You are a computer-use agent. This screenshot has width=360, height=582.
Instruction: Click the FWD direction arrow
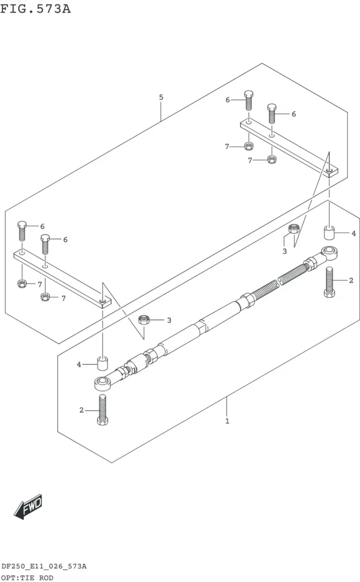click(x=28, y=506)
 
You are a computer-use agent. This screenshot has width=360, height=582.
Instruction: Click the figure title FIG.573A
click(x=35, y=9)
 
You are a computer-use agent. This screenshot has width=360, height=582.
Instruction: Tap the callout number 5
click(x=161, y=97)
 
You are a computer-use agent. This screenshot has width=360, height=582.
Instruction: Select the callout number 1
click(x=227, y=421)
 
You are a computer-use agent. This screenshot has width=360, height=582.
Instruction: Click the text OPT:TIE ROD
click(x=27, y=577)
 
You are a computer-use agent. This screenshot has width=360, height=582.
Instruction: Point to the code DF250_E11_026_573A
click(x=44, y=567)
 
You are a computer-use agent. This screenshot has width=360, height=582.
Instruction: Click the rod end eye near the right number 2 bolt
click(x=329, y=253)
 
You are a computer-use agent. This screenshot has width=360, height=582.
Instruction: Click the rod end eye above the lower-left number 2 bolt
click(x=102, y=383)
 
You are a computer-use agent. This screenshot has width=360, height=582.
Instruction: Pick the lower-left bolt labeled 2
click(x=102, y=410)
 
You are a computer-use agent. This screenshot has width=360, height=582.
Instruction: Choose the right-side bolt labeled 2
click(x=329, y=282)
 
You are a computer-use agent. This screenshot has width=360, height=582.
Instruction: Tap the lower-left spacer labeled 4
click(x=102, y=364)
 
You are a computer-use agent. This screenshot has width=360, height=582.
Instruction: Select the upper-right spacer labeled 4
click(x=329, y=232)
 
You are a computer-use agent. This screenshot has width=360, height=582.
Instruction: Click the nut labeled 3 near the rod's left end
click(x=144, y=319)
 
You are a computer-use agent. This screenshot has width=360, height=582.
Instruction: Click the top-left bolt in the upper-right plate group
click(x=249, y=100)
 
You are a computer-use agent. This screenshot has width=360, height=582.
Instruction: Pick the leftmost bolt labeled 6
click(x=22, y=231)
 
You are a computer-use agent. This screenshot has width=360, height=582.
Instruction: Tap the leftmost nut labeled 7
click(x=22, y=284)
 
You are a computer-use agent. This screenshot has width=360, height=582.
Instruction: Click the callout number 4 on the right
click(x=353, y=234)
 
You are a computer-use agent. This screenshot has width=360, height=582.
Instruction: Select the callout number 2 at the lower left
click(x=81, y=410)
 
